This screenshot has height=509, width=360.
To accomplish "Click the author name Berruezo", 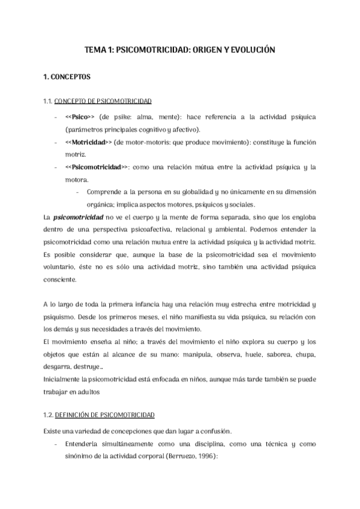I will (x=179, y=456).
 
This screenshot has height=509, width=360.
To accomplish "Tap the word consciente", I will (x=61, y=280).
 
